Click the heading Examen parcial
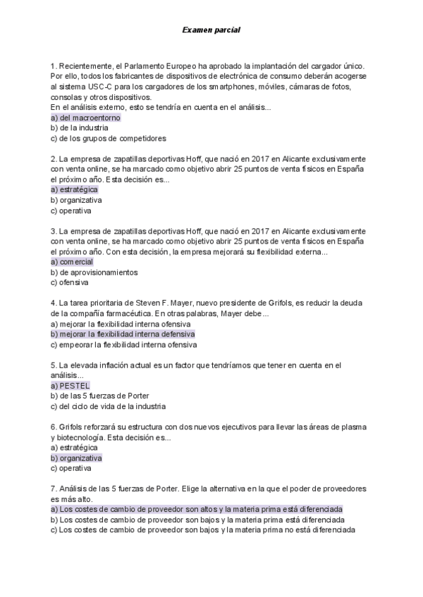click(x=211, y=30)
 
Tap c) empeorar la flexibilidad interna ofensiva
click(x=124, y=345)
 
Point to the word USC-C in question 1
click(x=104, y=87)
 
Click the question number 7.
click(x=54, y=488)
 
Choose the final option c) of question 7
click(x=203, y=529)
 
